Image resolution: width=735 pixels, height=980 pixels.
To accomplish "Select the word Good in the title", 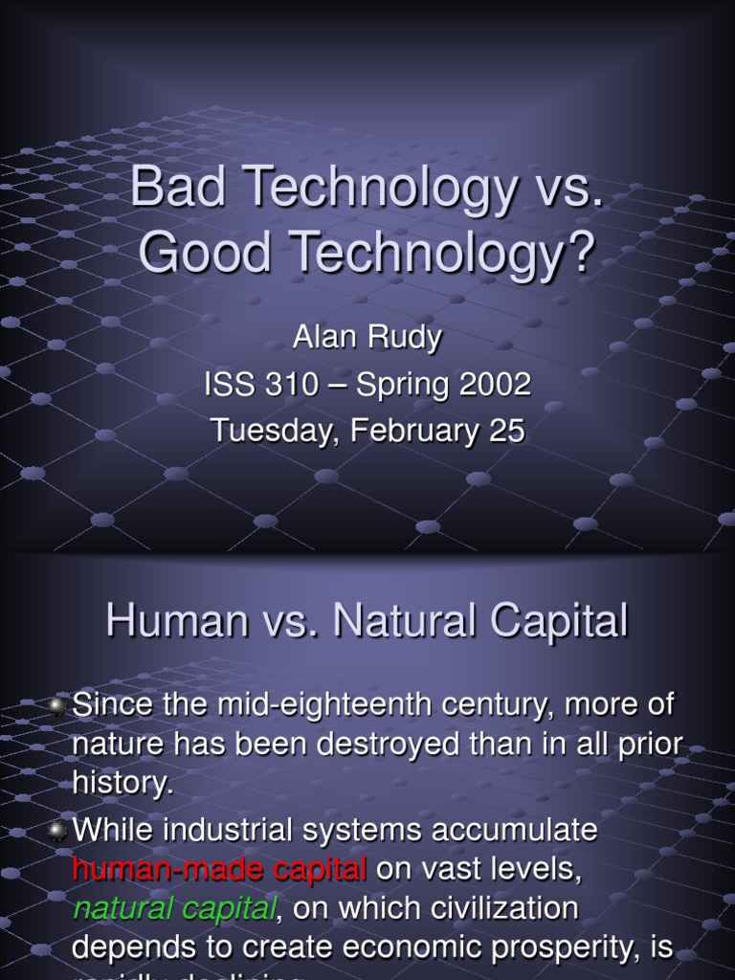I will point(198,251).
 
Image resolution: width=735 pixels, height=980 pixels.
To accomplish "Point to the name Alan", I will point(321,338).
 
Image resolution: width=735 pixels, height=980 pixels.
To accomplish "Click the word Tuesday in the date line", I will point(275,431).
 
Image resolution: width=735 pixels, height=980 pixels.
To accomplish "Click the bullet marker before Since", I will point(57,706).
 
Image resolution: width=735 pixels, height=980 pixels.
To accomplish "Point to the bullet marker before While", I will point(57,831).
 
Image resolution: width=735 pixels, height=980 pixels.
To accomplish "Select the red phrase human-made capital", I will point(219,869).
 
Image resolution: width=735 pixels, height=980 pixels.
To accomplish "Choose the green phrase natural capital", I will point(173,907).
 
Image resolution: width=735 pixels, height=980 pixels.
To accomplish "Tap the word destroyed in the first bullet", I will point(390,745).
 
